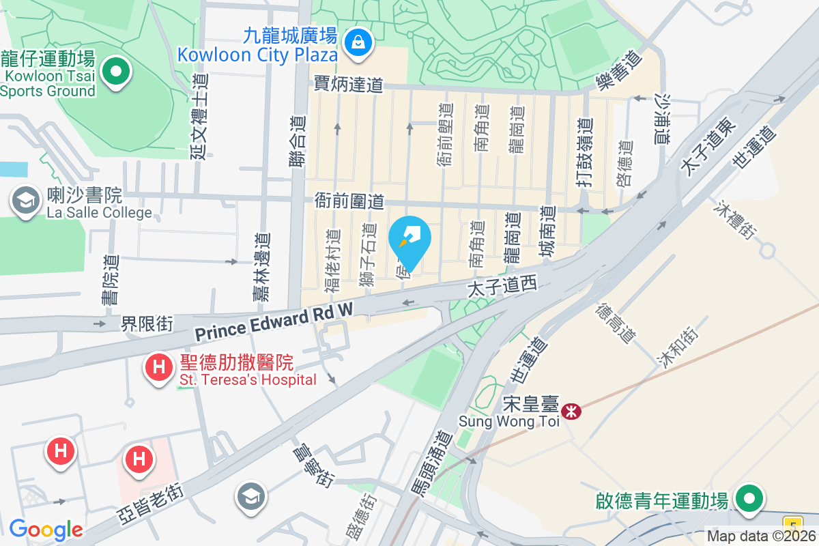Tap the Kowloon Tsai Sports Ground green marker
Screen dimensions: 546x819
pos(117,72)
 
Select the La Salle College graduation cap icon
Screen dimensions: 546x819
pos(26,201)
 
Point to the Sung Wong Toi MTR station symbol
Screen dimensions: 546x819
pos(571,411)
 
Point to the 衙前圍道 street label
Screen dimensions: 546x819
pos(349,201)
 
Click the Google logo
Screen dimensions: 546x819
pos(45,530)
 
